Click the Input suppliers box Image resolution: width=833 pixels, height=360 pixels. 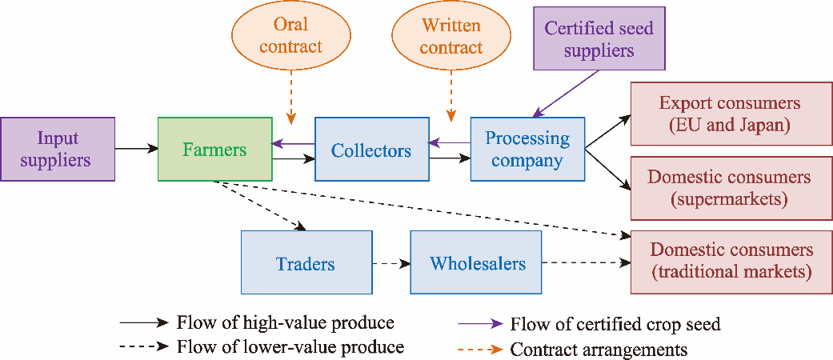[x=57, y=149]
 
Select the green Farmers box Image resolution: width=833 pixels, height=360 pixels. [x=214, y=149]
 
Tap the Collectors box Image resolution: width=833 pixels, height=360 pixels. [x=371, y=150]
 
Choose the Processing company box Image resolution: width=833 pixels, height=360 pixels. [x=527, y=149]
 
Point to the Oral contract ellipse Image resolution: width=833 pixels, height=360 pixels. [x=291, y=37]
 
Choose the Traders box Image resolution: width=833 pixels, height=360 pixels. [x=306, y=262]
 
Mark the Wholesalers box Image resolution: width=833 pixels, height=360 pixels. [x=477, y=262]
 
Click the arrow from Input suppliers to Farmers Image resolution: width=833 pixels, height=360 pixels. [x=136, y=149]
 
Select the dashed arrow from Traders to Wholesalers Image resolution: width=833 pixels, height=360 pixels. [x=390, y=263]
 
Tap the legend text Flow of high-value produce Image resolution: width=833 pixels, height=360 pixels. [x=285, y=323]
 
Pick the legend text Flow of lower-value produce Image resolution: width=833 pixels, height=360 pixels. [x=290, y=347]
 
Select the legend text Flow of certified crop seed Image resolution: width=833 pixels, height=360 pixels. [x=615, y=324]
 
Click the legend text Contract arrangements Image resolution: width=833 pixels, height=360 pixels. [x=599, y=349]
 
